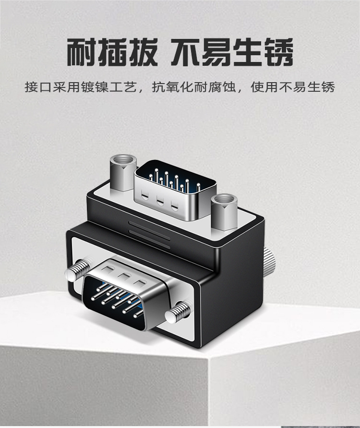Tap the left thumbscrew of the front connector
pos(78,269)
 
